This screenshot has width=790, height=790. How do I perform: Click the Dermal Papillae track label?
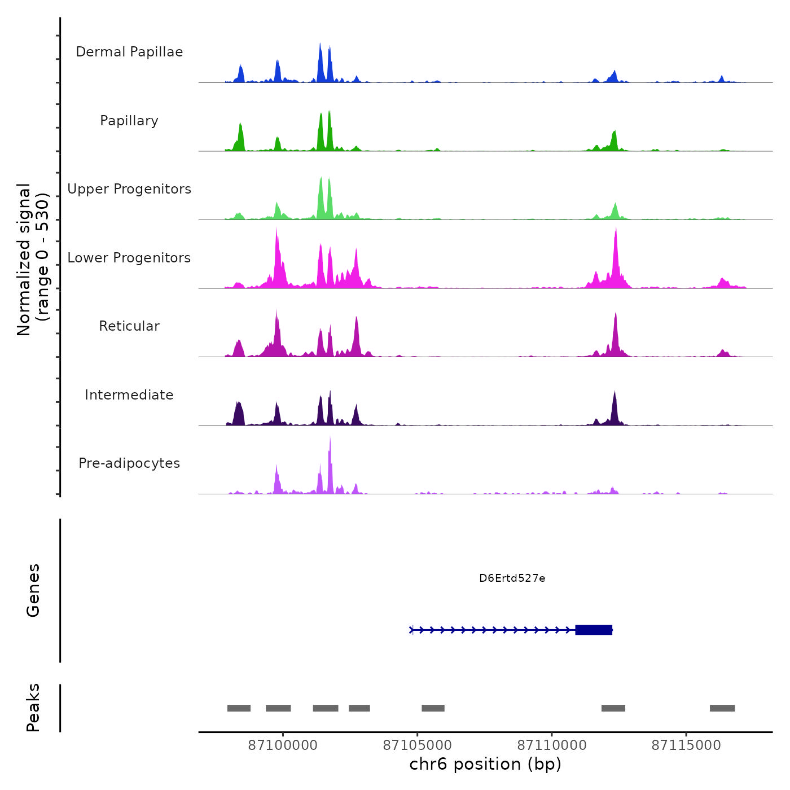(x=129, y=52)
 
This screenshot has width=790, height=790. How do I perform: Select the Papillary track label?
(x=129, y=121)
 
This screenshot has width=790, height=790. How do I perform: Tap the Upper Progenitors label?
(x=129, y=189)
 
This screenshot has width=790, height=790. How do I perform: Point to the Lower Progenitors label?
(x=129, y=258)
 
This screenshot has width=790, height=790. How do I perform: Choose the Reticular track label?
(x=129, y=326)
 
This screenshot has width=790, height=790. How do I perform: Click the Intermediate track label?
(x=129, y=395)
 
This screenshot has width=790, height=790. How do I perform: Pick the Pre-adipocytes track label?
(x=129, y=463)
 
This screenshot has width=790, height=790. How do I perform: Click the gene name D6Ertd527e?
(x=512, y=578)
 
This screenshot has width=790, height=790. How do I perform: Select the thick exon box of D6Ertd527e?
(x=594, y=630)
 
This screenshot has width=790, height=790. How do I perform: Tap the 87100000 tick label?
(x=283, y=745)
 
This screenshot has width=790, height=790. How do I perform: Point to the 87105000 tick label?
(x=418, y=745)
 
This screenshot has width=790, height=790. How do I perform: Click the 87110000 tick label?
(x=552, y=745)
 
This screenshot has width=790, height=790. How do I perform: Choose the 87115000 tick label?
(x=686, y=745)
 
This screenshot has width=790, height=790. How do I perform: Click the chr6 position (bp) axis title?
(x=485, y=765)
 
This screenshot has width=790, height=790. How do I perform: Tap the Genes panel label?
(x=33, y=590)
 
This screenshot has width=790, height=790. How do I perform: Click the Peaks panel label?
(x=33, y=708)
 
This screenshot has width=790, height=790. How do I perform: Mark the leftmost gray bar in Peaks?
(x=239, y=708)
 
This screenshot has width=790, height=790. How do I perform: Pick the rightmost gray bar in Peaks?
(x=722, y=708)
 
